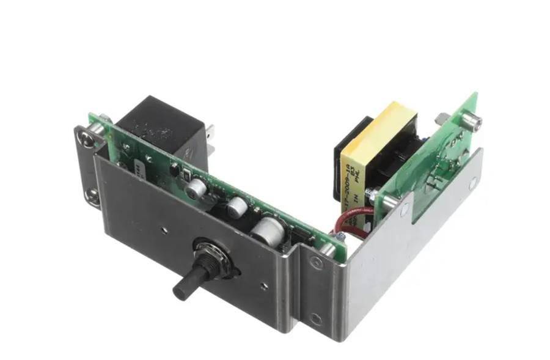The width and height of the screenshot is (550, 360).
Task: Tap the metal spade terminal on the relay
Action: (210, 133)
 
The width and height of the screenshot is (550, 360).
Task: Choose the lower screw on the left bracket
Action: (93, 195)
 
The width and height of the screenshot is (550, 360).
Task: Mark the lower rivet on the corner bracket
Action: (315, 318)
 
